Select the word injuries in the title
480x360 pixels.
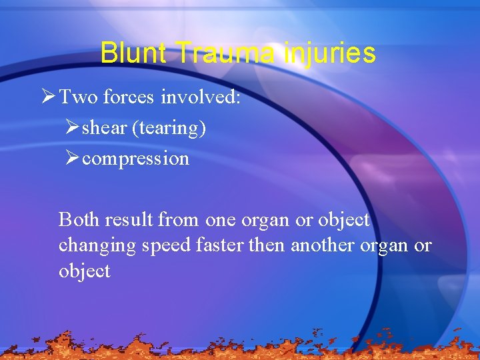[329, 53]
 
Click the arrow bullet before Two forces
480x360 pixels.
[47, 97]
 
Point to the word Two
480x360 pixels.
[76, 98]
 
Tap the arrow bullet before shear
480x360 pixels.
[72, 128]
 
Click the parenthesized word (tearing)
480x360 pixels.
[169, 128]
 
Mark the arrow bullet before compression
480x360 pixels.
[72, 159]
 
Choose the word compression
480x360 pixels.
[135, 159]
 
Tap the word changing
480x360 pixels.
[97, 246]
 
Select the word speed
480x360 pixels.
[166, 246]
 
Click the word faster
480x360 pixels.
[220, 245]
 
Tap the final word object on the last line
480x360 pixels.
[84, 271]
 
